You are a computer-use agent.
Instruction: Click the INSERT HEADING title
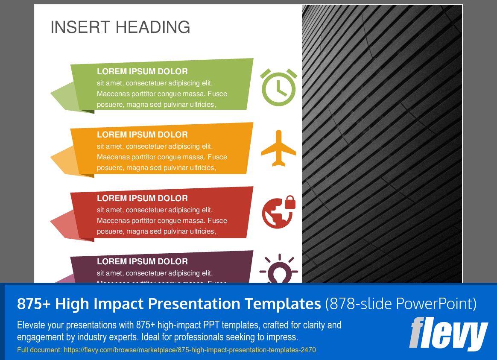point(120,27)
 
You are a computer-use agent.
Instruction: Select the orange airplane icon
point(278,148)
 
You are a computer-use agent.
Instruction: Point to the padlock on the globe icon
point(290,202)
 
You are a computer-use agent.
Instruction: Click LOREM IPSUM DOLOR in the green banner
point(142,71)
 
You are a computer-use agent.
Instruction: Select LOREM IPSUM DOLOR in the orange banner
point(142,135)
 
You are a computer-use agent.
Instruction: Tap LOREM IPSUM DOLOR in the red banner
point(142,198)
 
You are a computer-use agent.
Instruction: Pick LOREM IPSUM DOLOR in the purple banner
point(142,261)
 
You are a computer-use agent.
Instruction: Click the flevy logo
point(448,334)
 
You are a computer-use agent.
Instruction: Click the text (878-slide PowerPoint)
point(401,304)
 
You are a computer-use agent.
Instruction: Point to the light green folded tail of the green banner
point(64,96)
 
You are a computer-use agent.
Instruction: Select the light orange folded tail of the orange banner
point(64,161)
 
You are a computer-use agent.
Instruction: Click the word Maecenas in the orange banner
point(112,157)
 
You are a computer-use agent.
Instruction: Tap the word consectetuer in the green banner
point(146,83)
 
